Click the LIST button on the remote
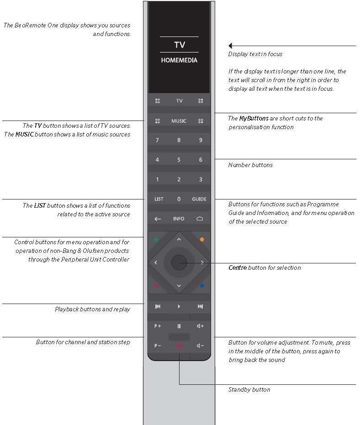(159, 199)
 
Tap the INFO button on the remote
(179, 219)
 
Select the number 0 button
(179, 199)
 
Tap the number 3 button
(200, 179)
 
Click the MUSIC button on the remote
(179, 121)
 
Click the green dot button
(156, 239)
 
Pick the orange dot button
(201, 239)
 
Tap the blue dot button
(201, 286)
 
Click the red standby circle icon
(179, 346)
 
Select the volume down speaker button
(200, 346)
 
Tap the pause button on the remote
(179, 326)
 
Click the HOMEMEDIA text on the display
(179, 60)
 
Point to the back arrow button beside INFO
(158, 219)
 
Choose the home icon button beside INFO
(200, 219)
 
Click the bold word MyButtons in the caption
(254, 118)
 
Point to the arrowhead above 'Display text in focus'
(231, 46)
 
